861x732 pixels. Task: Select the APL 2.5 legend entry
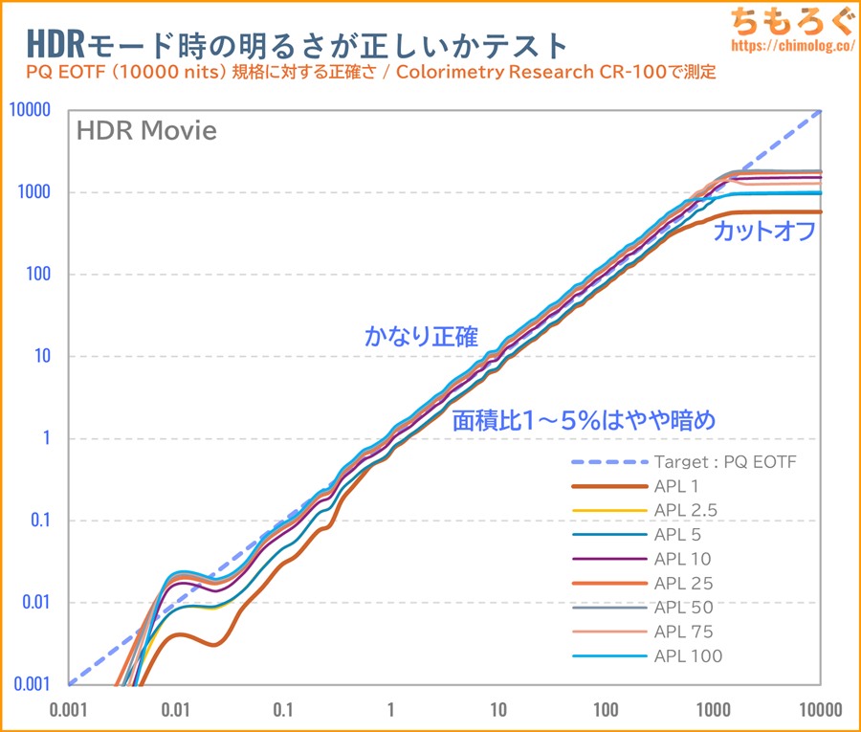click(x=685, y=510)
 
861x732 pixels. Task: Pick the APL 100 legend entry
click(x=688, y=655)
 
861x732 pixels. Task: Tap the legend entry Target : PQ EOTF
click(x=725, y=461)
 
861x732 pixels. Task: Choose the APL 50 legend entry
click(x=683, y=607)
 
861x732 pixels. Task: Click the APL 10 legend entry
click(x=683, y=559)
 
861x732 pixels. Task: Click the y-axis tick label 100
click(x=39, y=275)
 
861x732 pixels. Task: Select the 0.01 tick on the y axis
click(x=35, y=603)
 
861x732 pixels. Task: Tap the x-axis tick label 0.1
click(x=283, y=711)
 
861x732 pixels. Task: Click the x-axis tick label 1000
click(x=712, y=711)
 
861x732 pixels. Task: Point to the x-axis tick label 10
click(x=497, y=711)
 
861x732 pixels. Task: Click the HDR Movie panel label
click(x=146, y=131)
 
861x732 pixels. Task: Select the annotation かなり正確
click(x=421, y=336)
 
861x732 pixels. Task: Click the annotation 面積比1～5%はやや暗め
click(x=585, y=419)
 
